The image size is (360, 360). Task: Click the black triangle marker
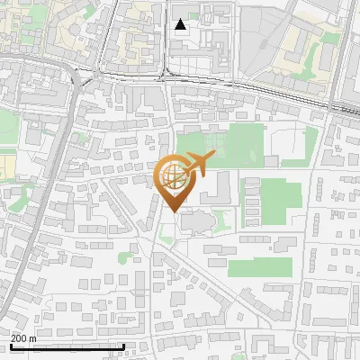tap(181, 24)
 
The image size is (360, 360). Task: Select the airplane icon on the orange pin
tap(198, 164)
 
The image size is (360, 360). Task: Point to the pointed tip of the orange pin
tap(174, 211)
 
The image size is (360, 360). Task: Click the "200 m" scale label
tap(22, 337)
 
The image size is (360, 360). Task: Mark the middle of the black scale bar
tap(67, 346)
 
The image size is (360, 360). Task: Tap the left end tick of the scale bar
tap(10, 346)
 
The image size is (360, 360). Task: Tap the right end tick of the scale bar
tap(123, 346)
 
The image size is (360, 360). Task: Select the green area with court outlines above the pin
tap(211, 144)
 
